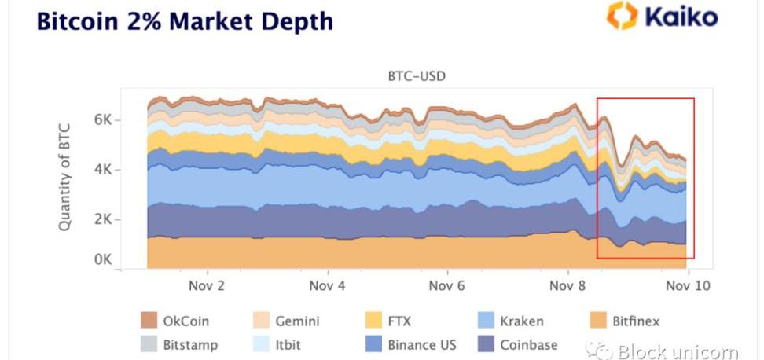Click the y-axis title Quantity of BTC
(66, 176)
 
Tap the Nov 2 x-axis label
(207, 285)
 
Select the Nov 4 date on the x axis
(328, 285)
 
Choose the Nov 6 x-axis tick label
(447, 285)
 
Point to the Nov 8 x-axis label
(567, 285)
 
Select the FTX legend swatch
(375, 321)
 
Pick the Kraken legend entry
(510, 321)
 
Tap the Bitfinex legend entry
(625, 321)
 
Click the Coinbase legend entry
(518, 344)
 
